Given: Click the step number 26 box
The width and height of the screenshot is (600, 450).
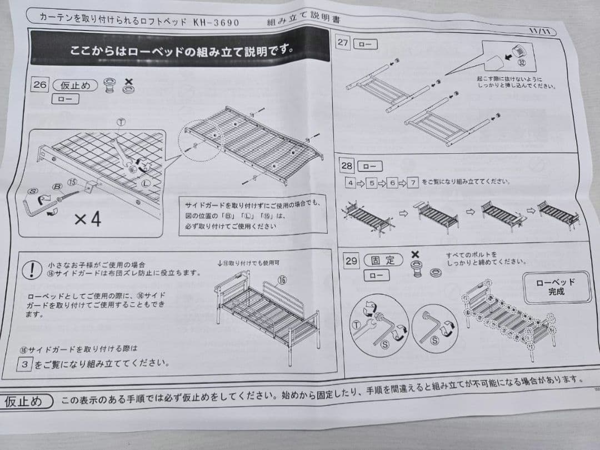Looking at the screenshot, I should point(39,85).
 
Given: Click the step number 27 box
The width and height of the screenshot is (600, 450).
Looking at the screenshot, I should point(343,43).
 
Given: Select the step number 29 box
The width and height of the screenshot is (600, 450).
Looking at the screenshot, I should point(351,262).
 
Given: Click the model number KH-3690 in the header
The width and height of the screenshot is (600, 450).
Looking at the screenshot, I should point(216,22).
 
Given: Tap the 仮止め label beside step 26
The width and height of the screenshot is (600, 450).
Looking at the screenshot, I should point(75,86).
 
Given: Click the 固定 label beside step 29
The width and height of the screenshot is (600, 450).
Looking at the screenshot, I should point(383,260).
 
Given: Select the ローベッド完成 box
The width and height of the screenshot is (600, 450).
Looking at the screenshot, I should point(556,286).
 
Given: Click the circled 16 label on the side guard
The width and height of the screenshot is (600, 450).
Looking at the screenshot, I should point(282,280).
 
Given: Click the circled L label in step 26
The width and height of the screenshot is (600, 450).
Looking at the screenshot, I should point(146,182).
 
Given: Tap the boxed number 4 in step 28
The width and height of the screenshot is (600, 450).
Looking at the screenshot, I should point(349,182).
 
